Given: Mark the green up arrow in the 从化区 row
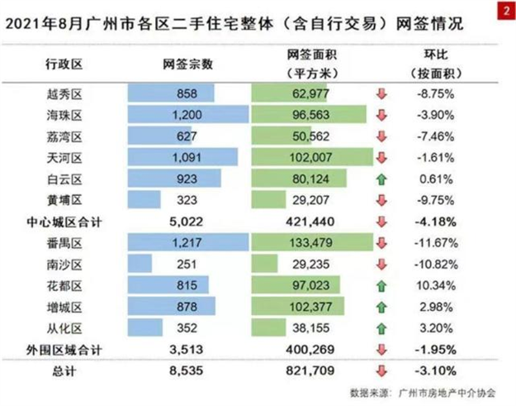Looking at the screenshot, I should pos(381,329).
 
